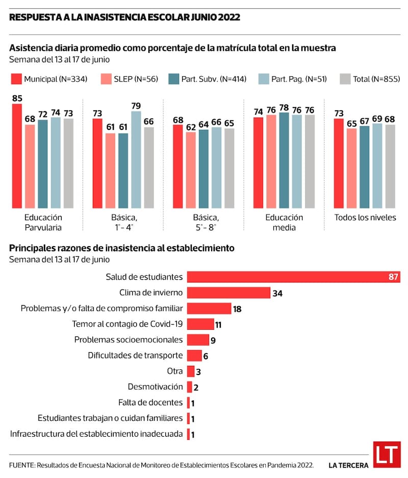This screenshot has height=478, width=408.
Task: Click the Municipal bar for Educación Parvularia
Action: coord(17,155)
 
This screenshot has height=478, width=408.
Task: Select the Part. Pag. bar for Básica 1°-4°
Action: coord(136,159)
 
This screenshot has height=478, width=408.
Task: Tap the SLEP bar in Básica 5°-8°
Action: coord(191,170)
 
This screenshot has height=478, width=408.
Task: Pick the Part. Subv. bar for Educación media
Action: coord(284,160)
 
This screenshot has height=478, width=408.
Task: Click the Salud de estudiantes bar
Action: coord(293,277)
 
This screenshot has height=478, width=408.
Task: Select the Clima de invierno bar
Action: coord(228,293)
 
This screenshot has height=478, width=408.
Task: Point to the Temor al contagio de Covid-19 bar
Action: coord(200,324)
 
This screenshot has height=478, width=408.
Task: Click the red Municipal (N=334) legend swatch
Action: coord(15,79)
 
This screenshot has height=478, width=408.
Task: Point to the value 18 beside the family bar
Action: coord(237,309)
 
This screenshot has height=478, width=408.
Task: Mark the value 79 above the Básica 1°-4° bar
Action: coord(136,106)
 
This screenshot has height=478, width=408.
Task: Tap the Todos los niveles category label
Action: coord(365,218)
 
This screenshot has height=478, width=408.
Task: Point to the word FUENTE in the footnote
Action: coord(21,465)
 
